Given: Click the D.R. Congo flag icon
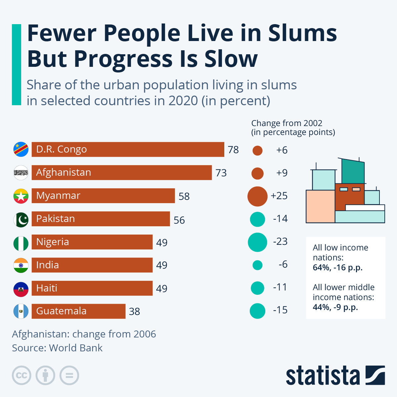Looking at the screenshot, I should coord(21,150).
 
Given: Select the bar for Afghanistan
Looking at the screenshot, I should coord(121,173).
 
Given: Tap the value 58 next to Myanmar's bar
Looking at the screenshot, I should coord(184,196).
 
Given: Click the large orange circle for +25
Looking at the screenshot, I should coord(257,196).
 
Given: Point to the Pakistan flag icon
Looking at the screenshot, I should coord(21,219).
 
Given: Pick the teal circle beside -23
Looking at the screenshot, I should coord(257,242).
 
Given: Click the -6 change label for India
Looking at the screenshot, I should coord(283,264).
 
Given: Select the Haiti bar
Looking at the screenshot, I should coord(92,288).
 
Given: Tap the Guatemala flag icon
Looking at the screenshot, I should coord(21,311).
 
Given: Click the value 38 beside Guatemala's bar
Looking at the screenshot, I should coord(134,311).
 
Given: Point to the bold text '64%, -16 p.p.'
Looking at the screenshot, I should coord(337,267).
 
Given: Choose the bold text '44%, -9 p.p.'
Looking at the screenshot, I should coord(335,307).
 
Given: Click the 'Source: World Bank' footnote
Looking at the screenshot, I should coord(57,348).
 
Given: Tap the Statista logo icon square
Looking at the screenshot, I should coord(375,375).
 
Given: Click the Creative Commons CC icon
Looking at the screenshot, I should coord(22,375).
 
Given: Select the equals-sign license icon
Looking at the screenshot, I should coord(69,375).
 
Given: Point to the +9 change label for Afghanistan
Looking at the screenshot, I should coord(282,173).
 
